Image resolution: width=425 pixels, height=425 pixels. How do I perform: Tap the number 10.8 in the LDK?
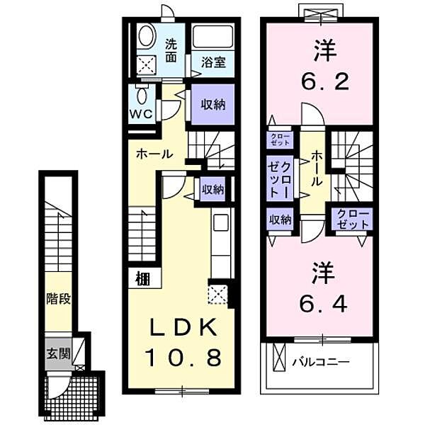point(183,357)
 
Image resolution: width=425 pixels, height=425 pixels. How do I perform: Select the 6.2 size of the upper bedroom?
point(324,81)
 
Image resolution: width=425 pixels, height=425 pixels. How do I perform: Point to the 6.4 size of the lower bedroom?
point(323,304)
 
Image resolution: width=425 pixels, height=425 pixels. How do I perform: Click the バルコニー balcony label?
point(321,361)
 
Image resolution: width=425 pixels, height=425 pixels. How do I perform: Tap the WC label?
point(141,114)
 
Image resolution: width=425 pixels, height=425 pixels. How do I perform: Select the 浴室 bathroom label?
point(213,62)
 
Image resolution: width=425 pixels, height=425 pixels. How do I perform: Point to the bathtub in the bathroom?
point(213,37)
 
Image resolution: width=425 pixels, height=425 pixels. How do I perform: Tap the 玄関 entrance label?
point(58,353)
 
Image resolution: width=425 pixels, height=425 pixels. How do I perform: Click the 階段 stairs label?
point(58,299)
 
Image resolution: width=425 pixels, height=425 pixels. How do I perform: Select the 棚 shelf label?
point(143,278)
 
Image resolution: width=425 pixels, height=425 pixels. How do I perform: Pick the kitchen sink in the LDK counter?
point(221,222)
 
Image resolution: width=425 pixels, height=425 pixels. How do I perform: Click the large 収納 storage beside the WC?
point(213,104)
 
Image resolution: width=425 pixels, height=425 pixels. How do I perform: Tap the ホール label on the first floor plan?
point(154,154)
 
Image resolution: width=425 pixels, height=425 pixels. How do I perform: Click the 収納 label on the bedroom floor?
point(280,220)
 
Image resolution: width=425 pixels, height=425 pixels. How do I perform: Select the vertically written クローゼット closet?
point(280,178)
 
